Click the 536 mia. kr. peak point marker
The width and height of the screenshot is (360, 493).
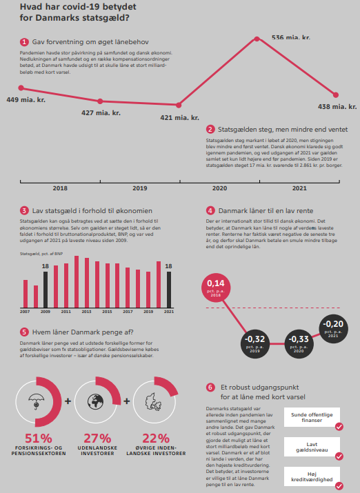257,39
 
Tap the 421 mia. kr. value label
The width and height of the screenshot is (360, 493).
179,118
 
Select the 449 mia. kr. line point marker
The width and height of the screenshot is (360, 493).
21,88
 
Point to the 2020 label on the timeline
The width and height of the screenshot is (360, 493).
219,188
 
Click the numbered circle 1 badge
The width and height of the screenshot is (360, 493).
24,42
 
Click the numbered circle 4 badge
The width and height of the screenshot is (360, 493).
210,211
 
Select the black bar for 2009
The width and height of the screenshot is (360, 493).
46,290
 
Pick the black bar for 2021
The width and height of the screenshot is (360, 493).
169,290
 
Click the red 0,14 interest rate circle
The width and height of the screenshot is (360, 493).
216,288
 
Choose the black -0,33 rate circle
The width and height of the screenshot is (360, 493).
299,344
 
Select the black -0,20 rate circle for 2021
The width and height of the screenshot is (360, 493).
334,329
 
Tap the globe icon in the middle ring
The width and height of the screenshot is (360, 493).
96,401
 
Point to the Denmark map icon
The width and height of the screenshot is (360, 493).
153,402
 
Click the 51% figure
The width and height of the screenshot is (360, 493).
39,438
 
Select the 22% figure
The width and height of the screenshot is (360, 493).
156,438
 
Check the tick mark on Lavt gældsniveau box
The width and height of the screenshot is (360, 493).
339,456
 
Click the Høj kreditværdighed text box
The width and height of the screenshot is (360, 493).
312,476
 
